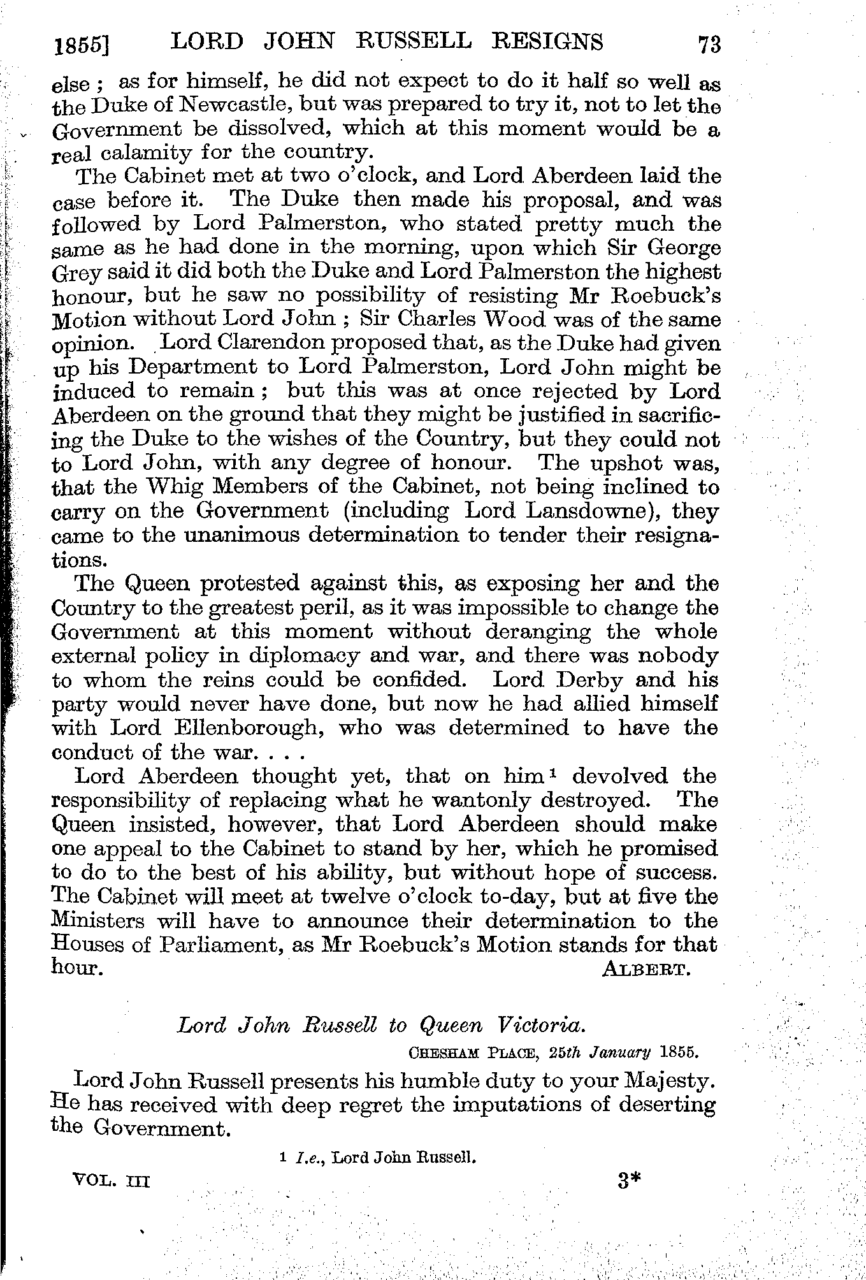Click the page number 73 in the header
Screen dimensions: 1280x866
click(x=709, y=45)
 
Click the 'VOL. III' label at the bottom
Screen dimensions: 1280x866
click(x=112, y=1181)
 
